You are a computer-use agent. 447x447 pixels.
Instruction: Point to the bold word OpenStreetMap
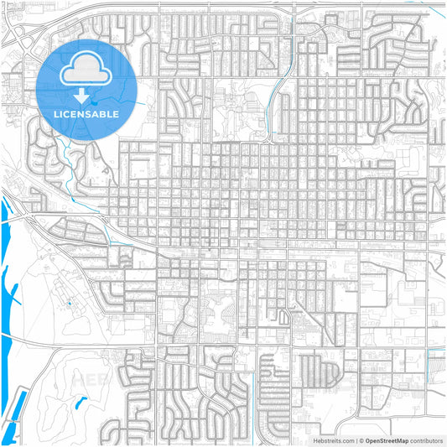(392, 439)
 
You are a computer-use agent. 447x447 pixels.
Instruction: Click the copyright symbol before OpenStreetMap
(361, 439)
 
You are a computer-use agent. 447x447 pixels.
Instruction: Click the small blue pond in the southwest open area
(81, 403)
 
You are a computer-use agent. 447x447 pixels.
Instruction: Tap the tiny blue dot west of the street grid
(69, 301)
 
